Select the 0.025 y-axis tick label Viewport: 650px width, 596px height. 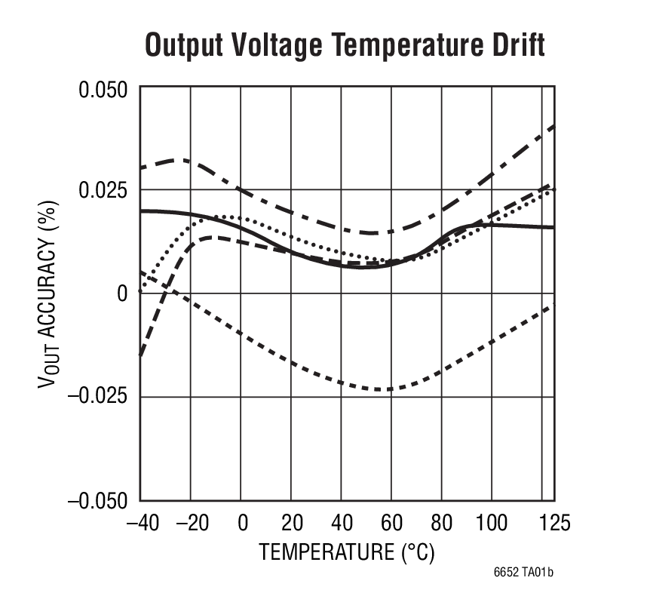[103, 190]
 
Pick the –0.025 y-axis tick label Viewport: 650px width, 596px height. [98, 397]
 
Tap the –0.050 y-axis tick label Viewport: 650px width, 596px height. [98, 500]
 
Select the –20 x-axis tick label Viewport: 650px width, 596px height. [191, 523]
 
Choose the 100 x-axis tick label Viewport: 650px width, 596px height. [492, 523]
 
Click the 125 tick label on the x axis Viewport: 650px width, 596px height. [555, 523]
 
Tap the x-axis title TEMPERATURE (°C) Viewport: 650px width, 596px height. [347, 552]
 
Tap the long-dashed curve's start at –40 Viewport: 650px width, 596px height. [142, 354]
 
